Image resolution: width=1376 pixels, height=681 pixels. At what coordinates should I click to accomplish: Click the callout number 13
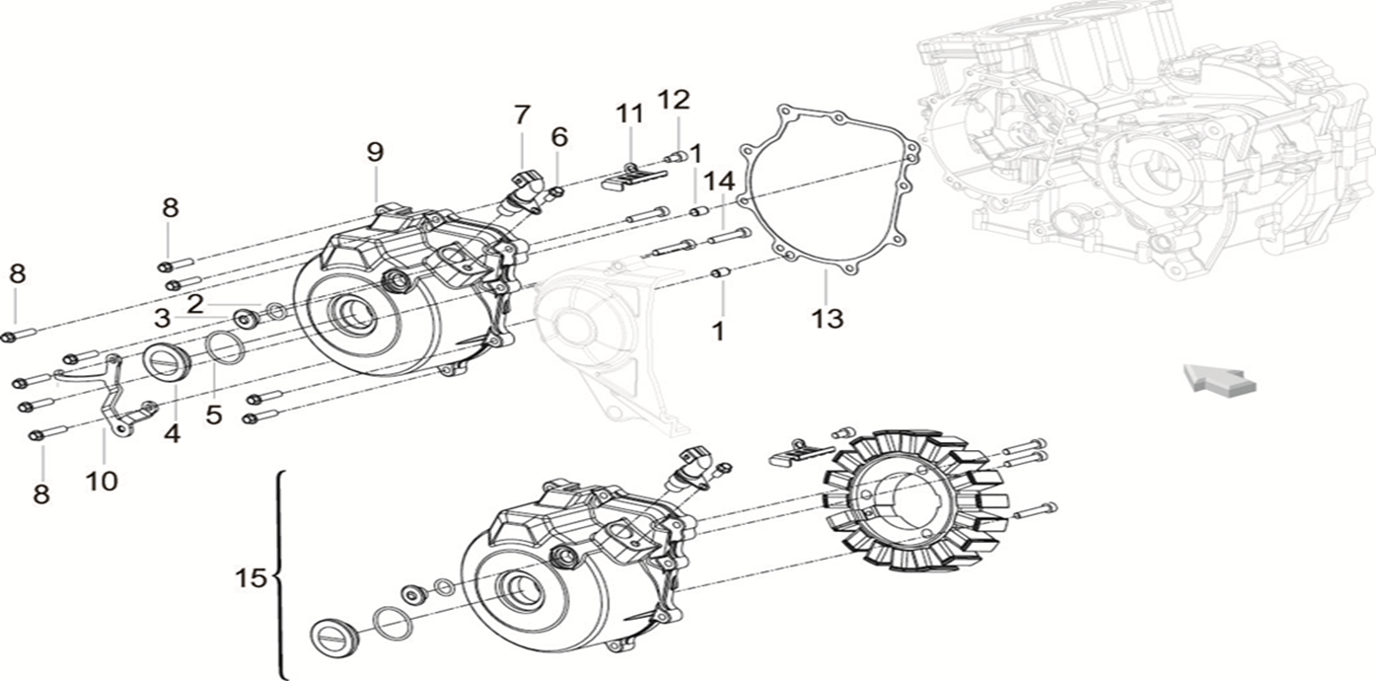coord(827,319)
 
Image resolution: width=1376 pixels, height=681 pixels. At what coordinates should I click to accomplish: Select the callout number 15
coord(253,577)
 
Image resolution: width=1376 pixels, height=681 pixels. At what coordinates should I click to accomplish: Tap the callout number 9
coord(375,152)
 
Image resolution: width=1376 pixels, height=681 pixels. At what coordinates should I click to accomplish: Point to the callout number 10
coord(102,481)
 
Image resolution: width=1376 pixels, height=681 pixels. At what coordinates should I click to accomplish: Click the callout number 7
coord(522,114)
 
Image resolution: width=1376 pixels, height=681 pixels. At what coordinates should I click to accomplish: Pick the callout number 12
coord(676,100)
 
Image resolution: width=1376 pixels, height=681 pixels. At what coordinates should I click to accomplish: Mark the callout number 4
coord(173,432)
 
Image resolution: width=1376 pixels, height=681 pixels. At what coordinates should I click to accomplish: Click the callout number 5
coord(214,415)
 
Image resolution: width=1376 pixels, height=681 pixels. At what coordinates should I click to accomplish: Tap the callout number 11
coord(629,113)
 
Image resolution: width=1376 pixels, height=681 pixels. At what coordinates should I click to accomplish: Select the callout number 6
coord(559,137)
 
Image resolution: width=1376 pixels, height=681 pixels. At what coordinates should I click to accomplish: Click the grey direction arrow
coord(1219,379)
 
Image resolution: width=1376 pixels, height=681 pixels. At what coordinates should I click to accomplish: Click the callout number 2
coord(195,303)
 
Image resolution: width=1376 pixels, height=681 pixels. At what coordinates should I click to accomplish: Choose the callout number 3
coord(161,318)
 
